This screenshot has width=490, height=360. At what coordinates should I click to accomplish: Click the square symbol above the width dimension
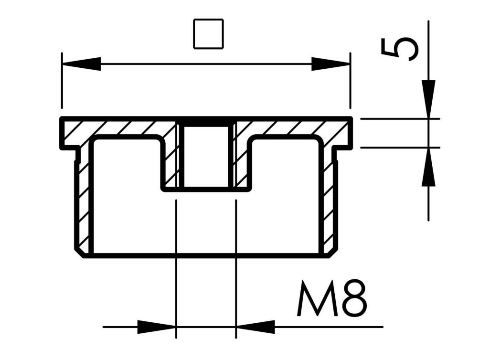point(208,34)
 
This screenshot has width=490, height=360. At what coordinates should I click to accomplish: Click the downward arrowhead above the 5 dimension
point(428,98)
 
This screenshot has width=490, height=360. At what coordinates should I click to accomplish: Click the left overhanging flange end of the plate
point(67,134)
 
